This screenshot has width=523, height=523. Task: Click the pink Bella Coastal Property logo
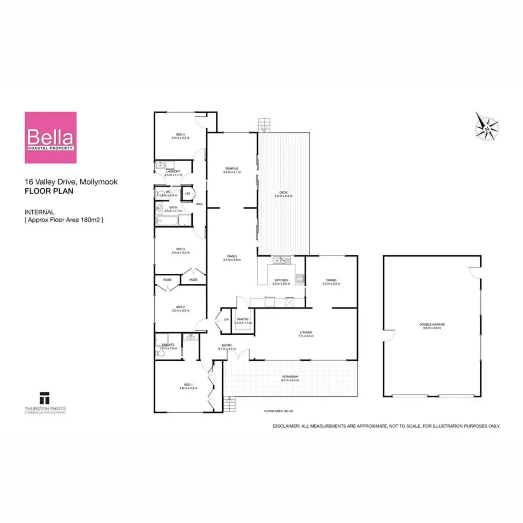click(x=51, y=138)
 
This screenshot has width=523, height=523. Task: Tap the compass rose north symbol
click(x=487, y=127)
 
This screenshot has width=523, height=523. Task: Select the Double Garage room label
click(x=432, y=325)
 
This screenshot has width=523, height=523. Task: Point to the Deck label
click(x=283, y=193)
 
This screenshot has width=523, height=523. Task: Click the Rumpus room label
click(x=232, y=169)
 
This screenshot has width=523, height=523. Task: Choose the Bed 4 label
click(x=180, y=135)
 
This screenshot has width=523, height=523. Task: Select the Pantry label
click(x=243, y=320)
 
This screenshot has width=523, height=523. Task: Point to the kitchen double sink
click(x=282, y=261)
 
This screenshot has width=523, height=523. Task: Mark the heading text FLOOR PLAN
click(x=49, y=191)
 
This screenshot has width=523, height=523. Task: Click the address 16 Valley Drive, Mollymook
click(x=71, y=182)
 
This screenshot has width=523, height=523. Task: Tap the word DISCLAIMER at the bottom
click(x=286, y=426)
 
